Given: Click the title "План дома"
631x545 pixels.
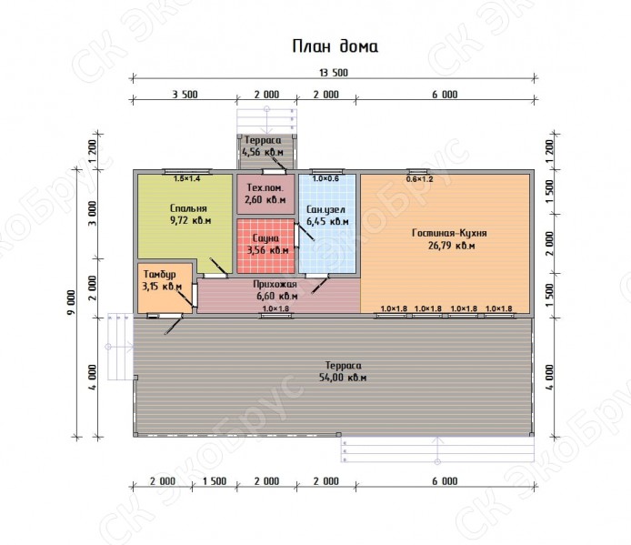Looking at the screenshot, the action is pyautogui.click(x=335, y=46).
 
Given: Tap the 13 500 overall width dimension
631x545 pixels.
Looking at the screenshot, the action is pyautogui.click(x=333, y=73).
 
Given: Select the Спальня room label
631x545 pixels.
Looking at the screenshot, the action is pyautogui.click(x=188, y=208).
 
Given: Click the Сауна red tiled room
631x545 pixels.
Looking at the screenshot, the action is pyautogui.click(x=265, y=247).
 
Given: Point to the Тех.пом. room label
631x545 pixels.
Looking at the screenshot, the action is pyautogui.click(x=265, y=187).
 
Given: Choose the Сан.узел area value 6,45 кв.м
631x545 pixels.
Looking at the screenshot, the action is pyautogui.click(x=327, y=221).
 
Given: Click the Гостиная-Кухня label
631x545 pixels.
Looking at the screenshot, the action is pyautogui.click(x=449, y=233).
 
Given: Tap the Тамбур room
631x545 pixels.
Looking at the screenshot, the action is pyautogui.click(x=165, y=288).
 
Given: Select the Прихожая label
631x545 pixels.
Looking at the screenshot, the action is pyautogui.click(x=275, y=284).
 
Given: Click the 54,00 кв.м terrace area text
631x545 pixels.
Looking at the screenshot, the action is pyautogui.click(x=343, y=378).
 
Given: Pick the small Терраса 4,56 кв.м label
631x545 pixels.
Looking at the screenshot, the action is pyautogui.click(x=263, y=146).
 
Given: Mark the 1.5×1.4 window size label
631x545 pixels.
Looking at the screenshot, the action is pyautogui.click(x=186, y=178).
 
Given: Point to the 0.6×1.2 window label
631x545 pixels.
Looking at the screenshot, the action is pyautogui.click(x=419, y=179).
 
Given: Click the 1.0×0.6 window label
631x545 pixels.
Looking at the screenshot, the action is pyautogui.click(x=326, y=178).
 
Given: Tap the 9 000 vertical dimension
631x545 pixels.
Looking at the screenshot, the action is pyautogui.click(x=71, y=302).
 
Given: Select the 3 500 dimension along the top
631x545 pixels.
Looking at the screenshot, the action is pyautogui.click(x=185, y=95).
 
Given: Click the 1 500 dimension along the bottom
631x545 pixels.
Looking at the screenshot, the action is pyautogui.click(x=215, y=481).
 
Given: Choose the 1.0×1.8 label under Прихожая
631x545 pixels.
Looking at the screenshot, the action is pyautogui.click(x=275, y=309).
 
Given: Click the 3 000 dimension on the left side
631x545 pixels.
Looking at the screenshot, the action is pyautogui.click(x=93, y=214).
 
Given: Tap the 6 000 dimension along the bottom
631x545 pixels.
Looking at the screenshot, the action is pyautogui.click(x=446, y=481).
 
